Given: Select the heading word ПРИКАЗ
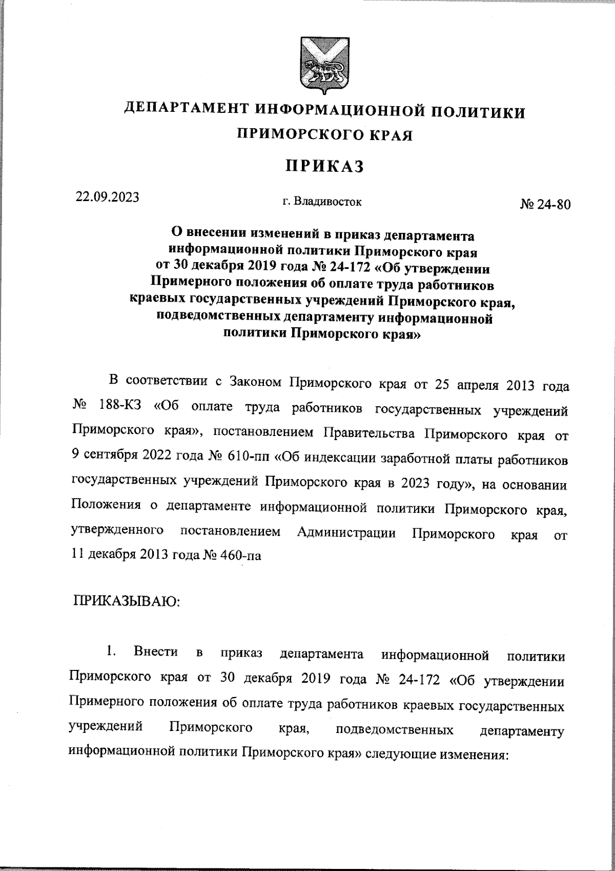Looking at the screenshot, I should coord(324,166).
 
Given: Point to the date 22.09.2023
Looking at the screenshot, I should coord(108,197).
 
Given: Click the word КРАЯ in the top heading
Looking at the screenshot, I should coord(389,135).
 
